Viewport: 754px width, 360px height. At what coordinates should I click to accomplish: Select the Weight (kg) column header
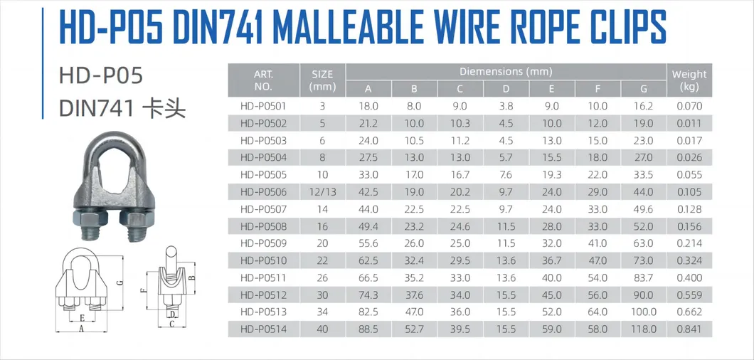[x=689, y=80]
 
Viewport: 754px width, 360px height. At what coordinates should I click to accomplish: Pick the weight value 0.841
[x=689, y=329]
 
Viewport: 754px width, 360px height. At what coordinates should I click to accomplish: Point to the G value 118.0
[x=644, y=329]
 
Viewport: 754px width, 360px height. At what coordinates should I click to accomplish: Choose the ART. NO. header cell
[x=263, y=80]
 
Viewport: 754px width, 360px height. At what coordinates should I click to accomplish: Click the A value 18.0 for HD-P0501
[x=368, y=107]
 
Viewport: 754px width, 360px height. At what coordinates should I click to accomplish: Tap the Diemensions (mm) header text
[x=506, y=71]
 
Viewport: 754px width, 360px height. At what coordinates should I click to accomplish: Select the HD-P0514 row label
[x=263, y=329]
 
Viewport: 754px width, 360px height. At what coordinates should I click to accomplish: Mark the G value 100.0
[x=644, y=312]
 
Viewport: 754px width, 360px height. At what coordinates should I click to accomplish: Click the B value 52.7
[x=414, y=329]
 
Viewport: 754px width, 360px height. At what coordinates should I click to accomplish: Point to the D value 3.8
[x=506, y=107]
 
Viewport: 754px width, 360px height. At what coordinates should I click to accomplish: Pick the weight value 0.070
[x=689, y=107]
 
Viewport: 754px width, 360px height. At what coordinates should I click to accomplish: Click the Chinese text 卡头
[x=164, y=109]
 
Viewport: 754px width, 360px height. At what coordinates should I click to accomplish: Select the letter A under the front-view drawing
[x=83, y=330]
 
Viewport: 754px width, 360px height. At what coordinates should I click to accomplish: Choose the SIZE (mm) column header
[x=323, y=80]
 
